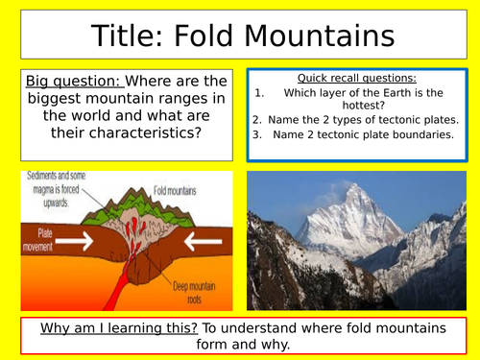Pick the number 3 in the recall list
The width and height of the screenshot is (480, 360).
(257, 134)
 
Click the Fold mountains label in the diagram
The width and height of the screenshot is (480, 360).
(176, 191)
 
